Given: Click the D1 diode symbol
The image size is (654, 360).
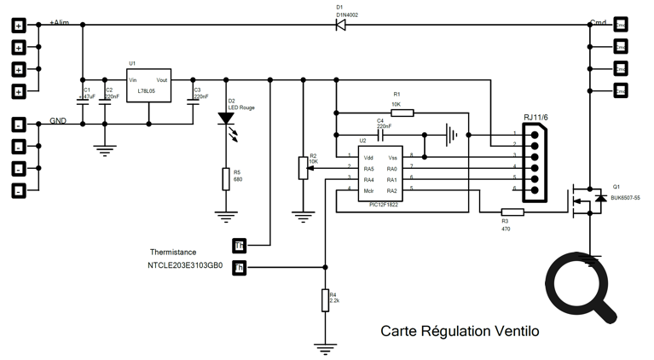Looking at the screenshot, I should pyautogui.click(x=339, y=25).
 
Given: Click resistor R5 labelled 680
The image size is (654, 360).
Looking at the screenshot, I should pyautogui.click(x=226, y=178).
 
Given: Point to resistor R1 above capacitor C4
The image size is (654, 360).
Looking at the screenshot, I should pyautogui.click(x=402, y=113).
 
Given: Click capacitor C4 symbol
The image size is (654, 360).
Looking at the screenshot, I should pyautogui.click(x=381, y=134).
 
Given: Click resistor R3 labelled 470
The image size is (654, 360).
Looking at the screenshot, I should pyautogui.click(x=512, y=213).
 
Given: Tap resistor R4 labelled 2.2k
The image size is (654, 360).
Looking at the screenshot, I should pyautogui.click(x=325, y=300).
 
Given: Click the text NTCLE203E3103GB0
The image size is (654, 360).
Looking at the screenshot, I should pyautogui.click(x=185, y=266).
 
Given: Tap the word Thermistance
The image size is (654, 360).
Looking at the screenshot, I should pyautogui.click(x=173, y=253).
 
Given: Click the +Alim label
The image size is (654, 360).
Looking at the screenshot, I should pyautogui.click(x=60, y=21).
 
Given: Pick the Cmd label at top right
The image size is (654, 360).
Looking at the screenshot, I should pyautogui.click(x=598, y=21).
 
